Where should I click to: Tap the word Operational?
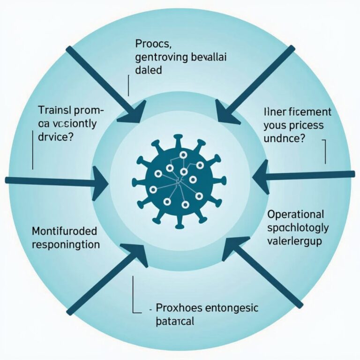295,215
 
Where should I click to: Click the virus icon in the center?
179,180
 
